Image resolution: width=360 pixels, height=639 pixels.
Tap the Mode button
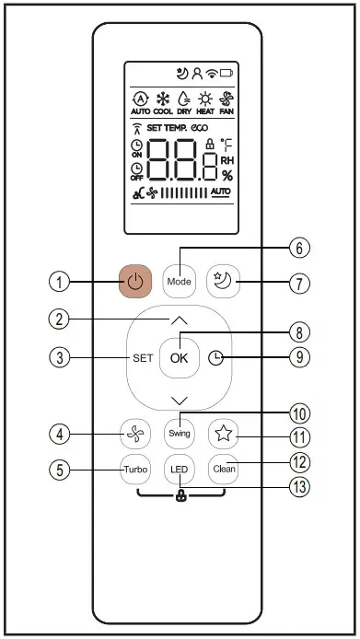pyautogui.click(x=179, y=281)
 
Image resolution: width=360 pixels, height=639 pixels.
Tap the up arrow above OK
pyautogui.click(x=179, y=320)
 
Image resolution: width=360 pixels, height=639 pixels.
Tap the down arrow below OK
pyautogui.click(x=179, y=400)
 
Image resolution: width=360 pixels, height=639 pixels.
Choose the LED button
pyautogui.click(x=179, y=467)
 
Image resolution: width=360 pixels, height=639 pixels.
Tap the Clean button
pyautogui.click(x=222, y=467)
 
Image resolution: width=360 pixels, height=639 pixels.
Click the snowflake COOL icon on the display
pyautogui.click(x=166, y=100)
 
